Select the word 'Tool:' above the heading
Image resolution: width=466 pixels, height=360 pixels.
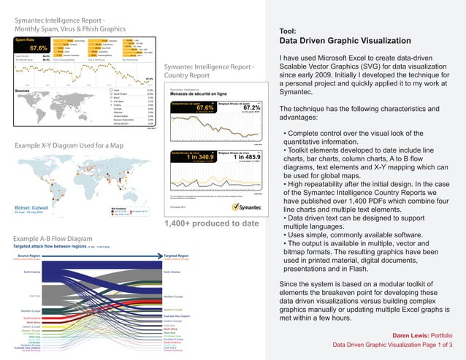coord(289,31)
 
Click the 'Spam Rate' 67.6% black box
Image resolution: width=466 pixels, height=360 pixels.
coord(32,45)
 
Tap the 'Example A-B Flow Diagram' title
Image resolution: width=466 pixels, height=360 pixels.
coord(53,239)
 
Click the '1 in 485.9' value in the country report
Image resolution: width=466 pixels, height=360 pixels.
coord(234,157)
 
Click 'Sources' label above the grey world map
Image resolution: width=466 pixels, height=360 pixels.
coord(27,91)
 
